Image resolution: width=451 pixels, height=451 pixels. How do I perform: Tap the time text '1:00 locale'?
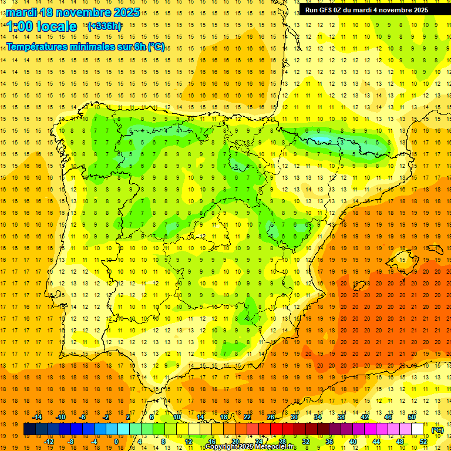click(x=42, y=26)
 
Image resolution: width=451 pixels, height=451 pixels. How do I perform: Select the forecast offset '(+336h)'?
click(x=105, y=26)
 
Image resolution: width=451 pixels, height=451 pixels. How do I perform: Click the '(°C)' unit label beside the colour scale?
click(x=437, y=430)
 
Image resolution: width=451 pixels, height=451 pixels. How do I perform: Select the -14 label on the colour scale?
click(x=38, y=417)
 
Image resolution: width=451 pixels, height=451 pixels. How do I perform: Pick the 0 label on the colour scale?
click(x=116, y=442)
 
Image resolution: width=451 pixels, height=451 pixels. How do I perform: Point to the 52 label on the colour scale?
click(x=423, y=442)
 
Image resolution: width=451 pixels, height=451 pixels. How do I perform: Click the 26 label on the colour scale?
click(x=270, y=417)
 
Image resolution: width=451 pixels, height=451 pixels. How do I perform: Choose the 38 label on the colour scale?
click(x=340, y=417)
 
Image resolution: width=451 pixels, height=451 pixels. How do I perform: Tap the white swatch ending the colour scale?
click(x=418, y=429)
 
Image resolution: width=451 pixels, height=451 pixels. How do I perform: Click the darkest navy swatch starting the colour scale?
click(x=29, y=429)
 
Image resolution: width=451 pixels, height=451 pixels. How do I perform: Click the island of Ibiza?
click(x=358, y=286)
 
